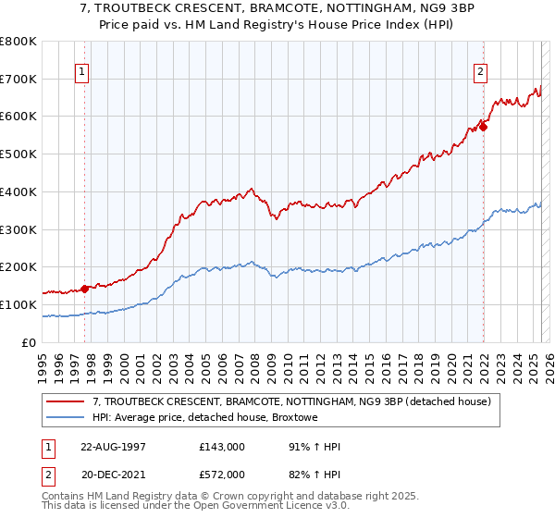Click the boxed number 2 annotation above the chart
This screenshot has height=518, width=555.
pos(481,71)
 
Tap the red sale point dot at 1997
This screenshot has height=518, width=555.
pos(84,289)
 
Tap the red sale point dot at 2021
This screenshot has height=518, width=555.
pos(483,127)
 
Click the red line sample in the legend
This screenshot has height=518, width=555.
pos(66,402)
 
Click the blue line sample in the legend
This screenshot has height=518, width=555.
pos(66,418)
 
